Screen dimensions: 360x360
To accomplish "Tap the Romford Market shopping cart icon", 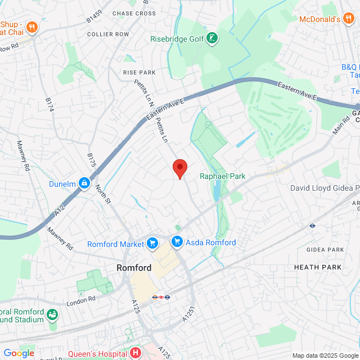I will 151,244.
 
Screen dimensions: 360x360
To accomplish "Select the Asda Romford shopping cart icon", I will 177,242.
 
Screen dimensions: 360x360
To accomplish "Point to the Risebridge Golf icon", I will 213,39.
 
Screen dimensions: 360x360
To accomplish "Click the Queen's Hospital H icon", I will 135,353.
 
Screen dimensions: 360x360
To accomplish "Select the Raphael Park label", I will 223,176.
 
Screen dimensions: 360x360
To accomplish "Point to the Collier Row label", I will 108,34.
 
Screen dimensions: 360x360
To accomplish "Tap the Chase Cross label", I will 134,13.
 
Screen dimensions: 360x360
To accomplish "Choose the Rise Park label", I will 139,73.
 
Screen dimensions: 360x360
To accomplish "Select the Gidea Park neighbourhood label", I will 325,249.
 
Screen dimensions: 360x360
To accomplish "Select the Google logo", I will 19,353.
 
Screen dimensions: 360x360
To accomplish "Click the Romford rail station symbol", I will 161,296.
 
